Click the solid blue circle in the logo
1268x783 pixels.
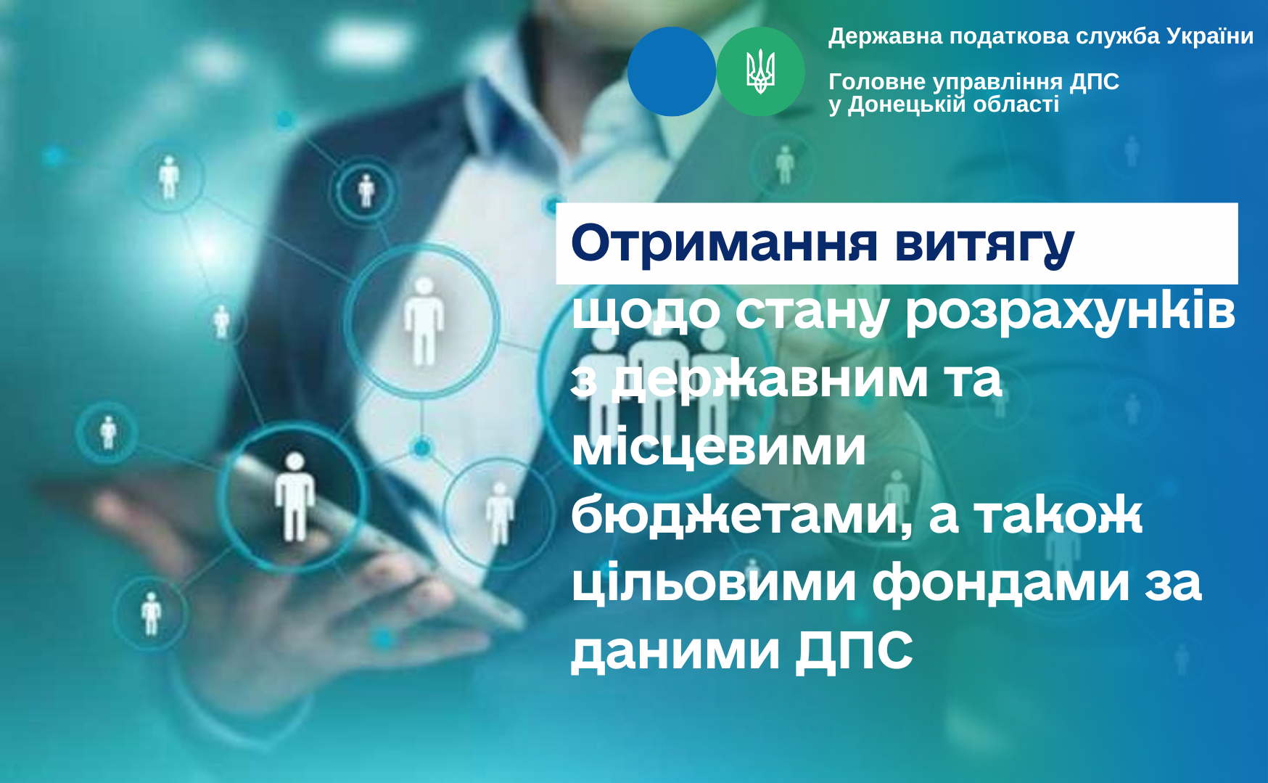tap(672, 72)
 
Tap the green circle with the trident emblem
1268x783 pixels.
tap(761, 72)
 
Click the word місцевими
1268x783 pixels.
tap(719, 447)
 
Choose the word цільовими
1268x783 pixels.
tap(714, 582)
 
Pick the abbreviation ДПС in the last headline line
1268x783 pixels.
tap(855, 651)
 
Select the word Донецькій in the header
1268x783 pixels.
tap(907, 104)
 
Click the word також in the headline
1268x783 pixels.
tap(1058, 515)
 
